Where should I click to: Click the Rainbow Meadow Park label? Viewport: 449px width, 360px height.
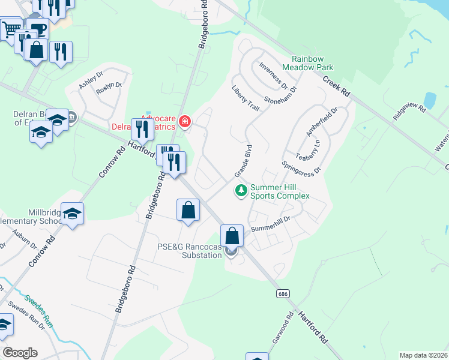[316, 63]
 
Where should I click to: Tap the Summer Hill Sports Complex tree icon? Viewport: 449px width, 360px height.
[241, 191]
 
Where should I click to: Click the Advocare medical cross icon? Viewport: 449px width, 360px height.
[185, 122]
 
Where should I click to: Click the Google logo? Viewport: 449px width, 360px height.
[20, 353]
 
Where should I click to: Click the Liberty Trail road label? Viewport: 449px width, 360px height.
[245, 98]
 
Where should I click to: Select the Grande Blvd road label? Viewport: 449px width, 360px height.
[242, 160]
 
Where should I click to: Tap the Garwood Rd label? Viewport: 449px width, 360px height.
[281, 327]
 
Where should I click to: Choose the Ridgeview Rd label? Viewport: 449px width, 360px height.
[409, 112]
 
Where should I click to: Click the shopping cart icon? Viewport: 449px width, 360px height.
[10, 28]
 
